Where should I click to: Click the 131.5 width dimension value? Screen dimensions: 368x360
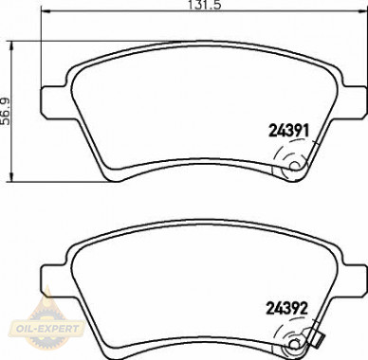point(204,5)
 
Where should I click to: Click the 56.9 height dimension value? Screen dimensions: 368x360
point(6,112)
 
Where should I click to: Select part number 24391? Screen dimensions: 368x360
point(288,130)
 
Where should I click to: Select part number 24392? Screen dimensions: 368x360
point(287,308)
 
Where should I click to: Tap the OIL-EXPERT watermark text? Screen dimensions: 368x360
point(46,329)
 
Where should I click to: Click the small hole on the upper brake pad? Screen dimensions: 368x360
point(295,166)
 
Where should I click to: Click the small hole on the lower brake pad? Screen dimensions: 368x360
point(295,344)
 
